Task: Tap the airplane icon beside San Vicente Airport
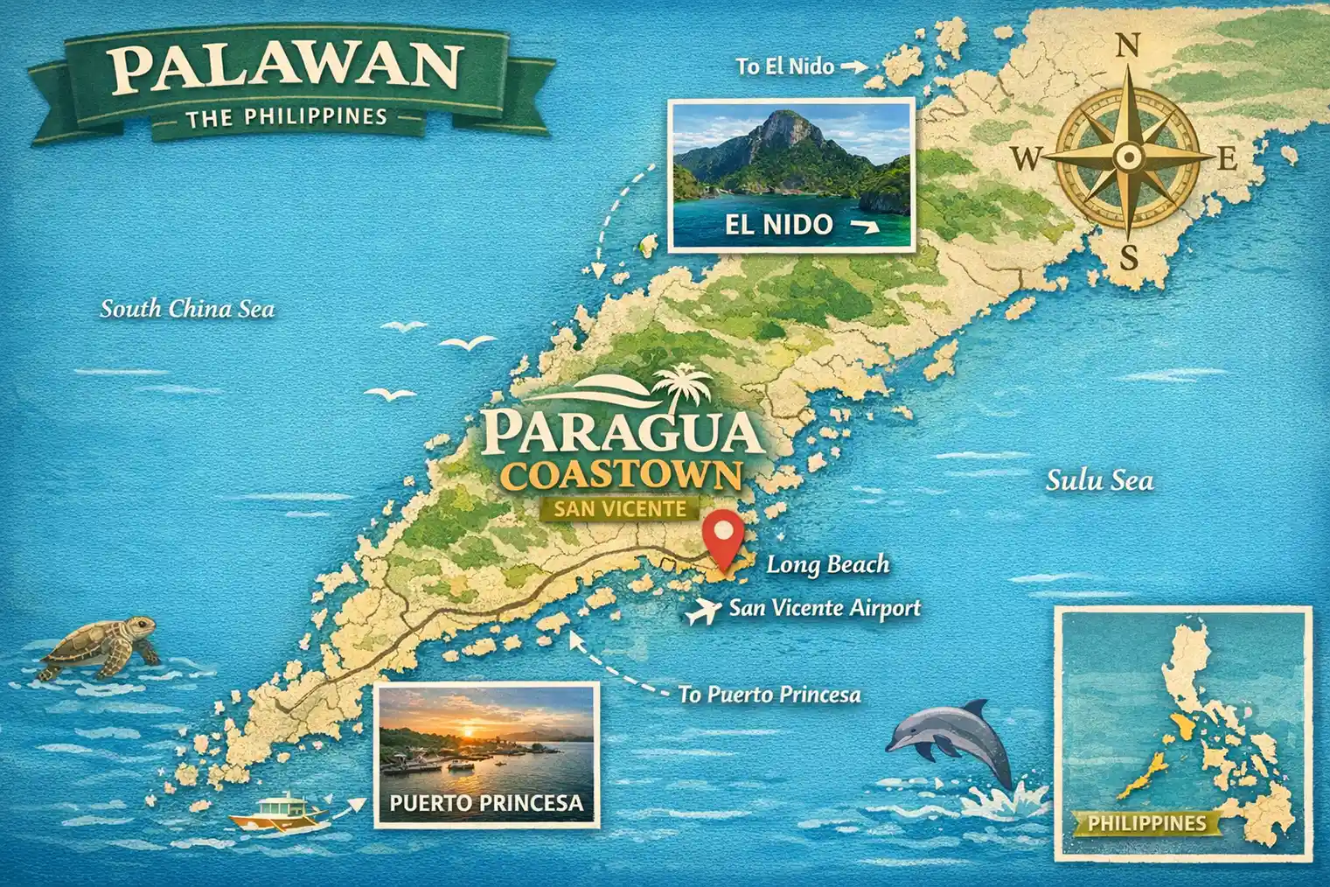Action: point(701,612)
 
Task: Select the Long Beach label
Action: point(827,565)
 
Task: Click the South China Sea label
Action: point(187,309)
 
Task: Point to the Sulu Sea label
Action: point(1099,480)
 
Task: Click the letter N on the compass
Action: point(1129,45)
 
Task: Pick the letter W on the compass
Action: point(1027,158)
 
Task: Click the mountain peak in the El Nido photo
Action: point(783,122)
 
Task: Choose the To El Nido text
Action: point(784,66)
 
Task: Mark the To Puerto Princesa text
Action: point(769,695)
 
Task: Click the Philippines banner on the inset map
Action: point(1146,822)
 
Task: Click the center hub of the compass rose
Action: point(1129,157)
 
